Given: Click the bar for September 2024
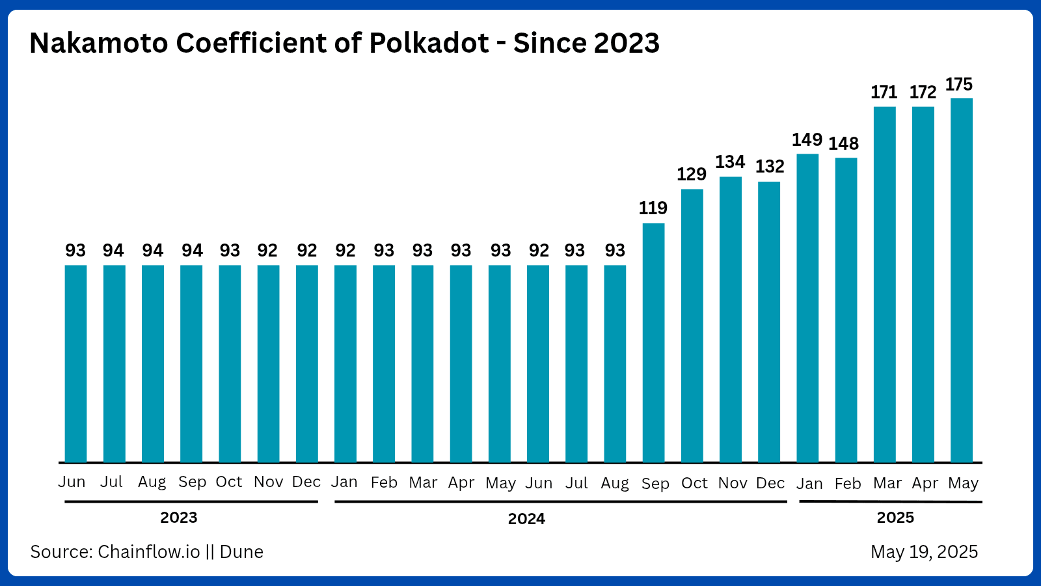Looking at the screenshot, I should click(653, 342).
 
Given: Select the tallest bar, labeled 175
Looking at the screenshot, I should click(962, 280).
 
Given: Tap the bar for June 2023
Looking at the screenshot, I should click(75, 363).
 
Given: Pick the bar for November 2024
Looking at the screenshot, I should click(731, 319).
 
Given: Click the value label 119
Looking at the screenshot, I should click(653, 208).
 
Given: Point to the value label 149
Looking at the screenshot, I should click(807, 140).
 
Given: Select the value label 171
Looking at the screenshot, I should click(884, 92).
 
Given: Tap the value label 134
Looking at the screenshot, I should click(730, 162).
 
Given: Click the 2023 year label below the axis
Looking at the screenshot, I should click(179, 518).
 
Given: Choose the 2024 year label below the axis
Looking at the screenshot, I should click(526, 519).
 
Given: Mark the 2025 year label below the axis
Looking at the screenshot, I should click(895, 518).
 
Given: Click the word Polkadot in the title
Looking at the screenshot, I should click(429, 44).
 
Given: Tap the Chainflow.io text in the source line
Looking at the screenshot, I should click(149, 552).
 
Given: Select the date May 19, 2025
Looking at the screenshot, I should click(924, 552).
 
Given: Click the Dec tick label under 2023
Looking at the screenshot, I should click(306, 482).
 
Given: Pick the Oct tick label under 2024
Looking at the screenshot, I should click(694, 483).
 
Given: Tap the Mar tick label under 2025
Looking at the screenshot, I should click(887, 483).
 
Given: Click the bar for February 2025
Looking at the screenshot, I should click(846, 310).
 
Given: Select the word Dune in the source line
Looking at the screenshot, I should click(241, 552).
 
